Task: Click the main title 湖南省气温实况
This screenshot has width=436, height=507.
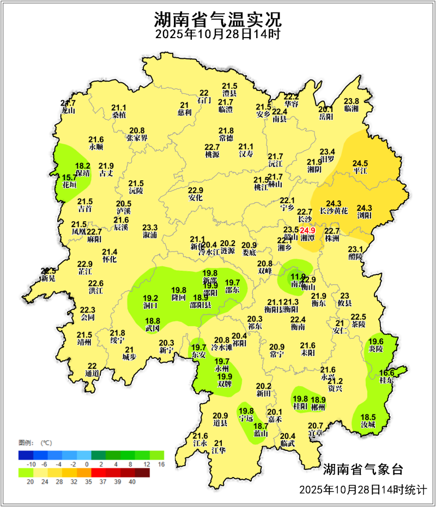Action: [217, 20]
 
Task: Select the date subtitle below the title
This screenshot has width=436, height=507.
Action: [217, 35]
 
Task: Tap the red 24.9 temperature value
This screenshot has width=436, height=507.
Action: [308, 230]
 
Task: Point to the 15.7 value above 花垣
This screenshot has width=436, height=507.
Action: [69, 178]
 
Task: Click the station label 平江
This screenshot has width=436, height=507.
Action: [360, 170]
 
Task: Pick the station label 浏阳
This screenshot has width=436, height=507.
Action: [364, 215]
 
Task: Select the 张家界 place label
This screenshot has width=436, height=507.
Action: [137, 138]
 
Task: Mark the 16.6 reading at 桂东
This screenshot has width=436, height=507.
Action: [386, 373]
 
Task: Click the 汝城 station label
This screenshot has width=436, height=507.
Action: [368, 424]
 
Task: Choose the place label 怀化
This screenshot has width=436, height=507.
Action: [110, 259]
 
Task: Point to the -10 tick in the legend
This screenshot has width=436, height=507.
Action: [31, 464]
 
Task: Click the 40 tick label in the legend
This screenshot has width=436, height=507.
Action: [132, 481]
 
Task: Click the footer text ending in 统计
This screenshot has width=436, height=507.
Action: [362, 490]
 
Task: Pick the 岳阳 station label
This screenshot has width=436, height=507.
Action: [325, 116]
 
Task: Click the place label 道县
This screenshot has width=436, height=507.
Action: [220, 423]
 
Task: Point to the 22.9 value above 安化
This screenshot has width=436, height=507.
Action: [195, 191]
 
